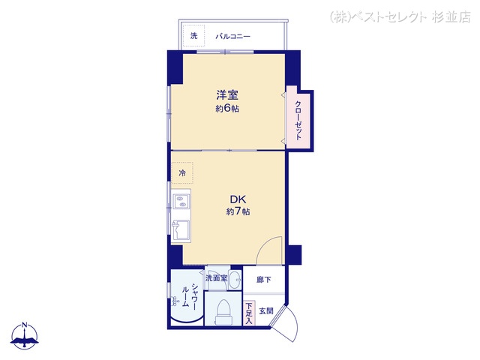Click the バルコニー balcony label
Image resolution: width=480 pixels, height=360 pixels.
(233, 37)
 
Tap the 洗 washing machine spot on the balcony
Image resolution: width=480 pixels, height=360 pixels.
(193, 36)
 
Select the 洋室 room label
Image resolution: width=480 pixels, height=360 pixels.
(227, 95)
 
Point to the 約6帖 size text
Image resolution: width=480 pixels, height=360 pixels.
(227, 109)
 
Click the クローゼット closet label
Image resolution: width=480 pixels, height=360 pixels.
(298, 120)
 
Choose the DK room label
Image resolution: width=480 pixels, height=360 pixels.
(238, 199)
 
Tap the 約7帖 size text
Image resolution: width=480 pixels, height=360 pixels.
(238, 211)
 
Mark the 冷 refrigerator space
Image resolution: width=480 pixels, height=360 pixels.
(182, 173)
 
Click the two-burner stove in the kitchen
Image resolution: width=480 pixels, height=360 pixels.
(181, 202)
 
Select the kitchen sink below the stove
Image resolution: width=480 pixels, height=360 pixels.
(181, 230)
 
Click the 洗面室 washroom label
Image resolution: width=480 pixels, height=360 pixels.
(217, 278)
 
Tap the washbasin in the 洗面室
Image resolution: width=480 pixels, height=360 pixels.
(235, 280)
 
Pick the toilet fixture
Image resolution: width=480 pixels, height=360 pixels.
(223, 312)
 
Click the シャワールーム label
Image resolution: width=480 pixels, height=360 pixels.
(190, 296)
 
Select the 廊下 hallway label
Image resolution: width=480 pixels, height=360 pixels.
(263, 280)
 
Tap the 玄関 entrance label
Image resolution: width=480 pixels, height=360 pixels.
(266, 311)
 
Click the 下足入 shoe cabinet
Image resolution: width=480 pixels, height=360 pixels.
(249, 313)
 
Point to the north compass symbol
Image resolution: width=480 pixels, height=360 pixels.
(25, 336)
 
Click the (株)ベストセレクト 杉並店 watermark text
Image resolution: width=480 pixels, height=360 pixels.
(400, 17)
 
